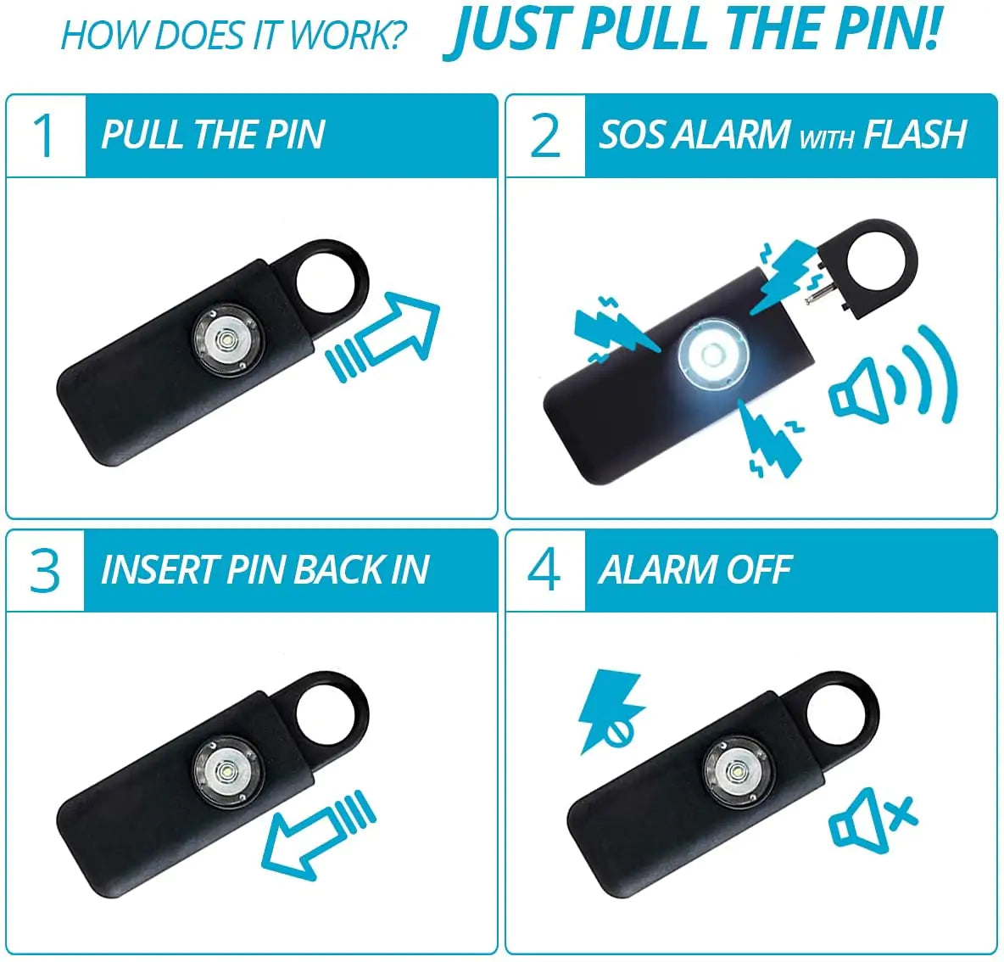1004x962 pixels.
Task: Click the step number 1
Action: coord(43,136)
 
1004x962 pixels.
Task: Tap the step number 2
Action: coord(544,136)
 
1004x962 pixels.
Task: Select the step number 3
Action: coord(44,570)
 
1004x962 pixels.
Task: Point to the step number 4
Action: coord(544,570)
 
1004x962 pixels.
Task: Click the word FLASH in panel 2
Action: coord(915,135)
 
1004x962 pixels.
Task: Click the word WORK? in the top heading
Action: coord(347,36)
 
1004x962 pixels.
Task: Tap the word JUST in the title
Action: coord(509,31)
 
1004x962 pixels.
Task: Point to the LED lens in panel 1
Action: coord(226,339)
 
